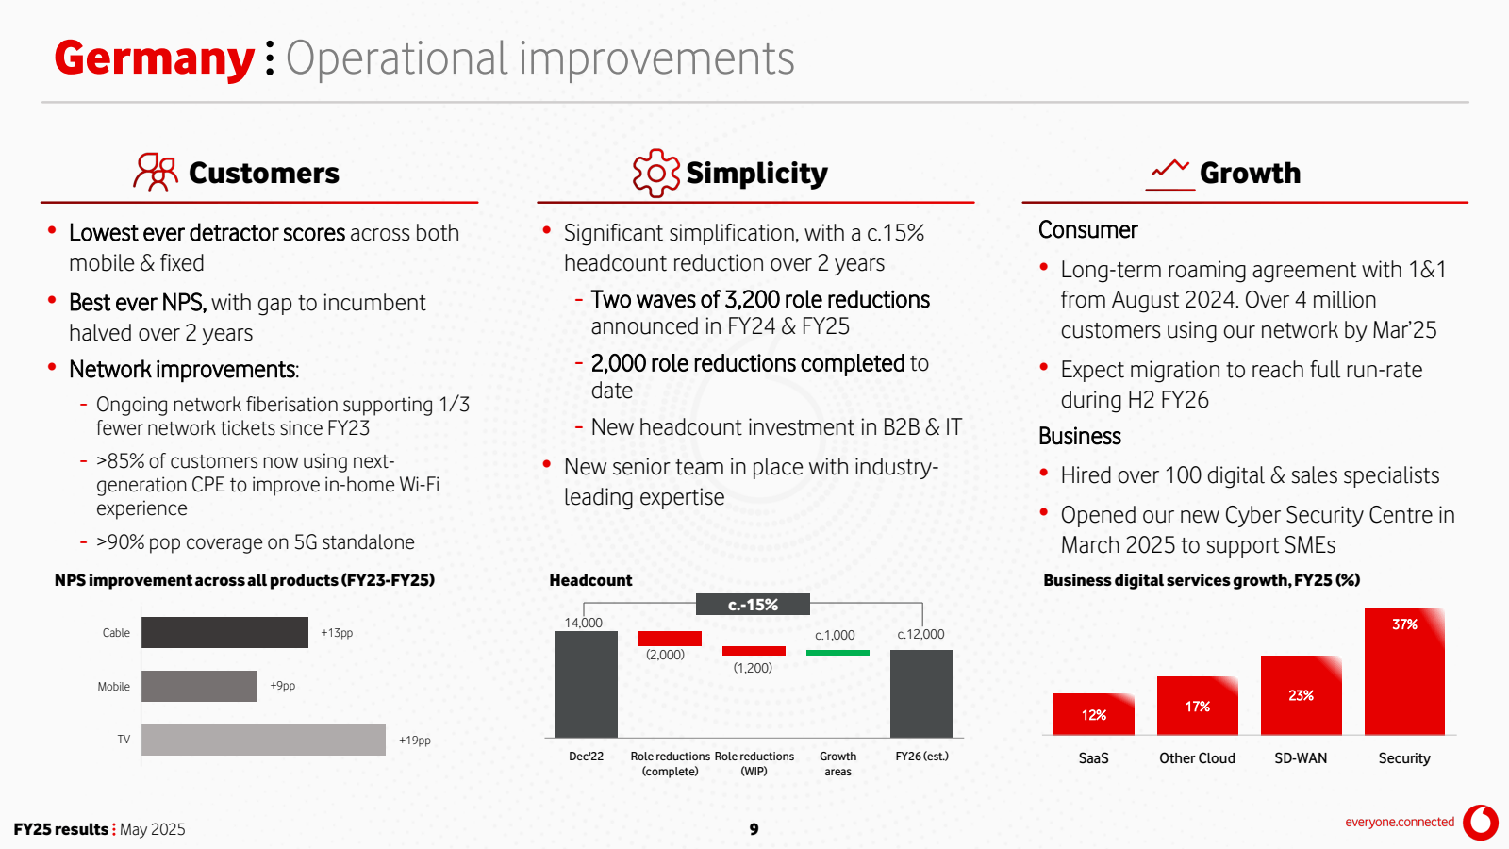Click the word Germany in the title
(x=155, y=59)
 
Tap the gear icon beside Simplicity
(x=655, y=174)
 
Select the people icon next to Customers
(x=156, y=173)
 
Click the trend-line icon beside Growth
(x=1170, y=175)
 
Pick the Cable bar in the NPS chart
(x=225, y=632)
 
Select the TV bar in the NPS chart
(x=263, y=740)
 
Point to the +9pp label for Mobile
(x=283, y=686)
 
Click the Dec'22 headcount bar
(x=586, y=684)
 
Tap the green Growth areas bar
(x=838, y=652)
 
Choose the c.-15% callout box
(x=754, y=605)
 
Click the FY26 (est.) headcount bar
(x=921, y=693)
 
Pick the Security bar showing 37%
(x=1404, y=671)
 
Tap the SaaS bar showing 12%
(x=1094, y=713)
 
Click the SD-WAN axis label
(x=1301, y=758)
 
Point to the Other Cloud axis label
(x=1197, y=758)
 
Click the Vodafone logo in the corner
(x=1481, y=823)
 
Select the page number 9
(x=754, y=829)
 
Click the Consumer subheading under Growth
(x=1088, y=230)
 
